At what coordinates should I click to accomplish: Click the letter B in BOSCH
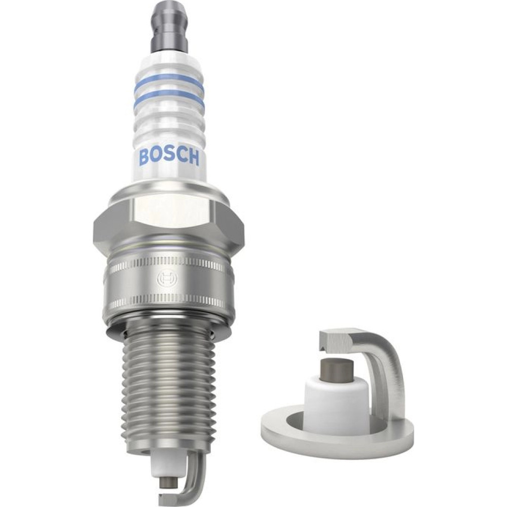pos(144,157)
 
